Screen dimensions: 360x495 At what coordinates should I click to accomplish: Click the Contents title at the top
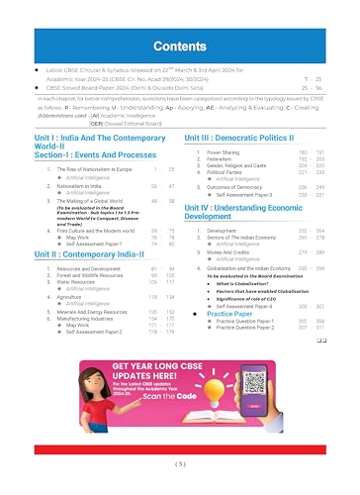pos(179,46)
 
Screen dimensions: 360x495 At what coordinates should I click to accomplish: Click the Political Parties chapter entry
pos(217,174)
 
